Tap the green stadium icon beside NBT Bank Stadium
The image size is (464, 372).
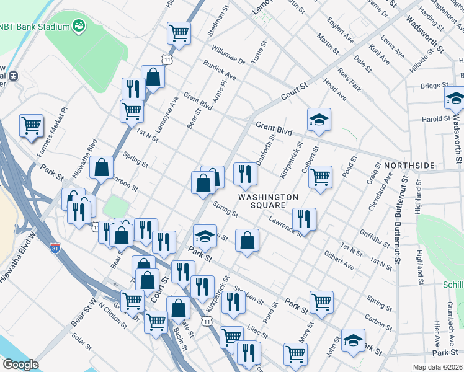[x=80, y=25]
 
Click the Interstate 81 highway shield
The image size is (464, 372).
[x=55, y=247]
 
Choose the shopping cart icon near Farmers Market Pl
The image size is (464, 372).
[x=31, y=126]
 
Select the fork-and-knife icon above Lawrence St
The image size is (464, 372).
[x=304, y=219]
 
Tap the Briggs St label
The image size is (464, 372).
[x=435, y=86]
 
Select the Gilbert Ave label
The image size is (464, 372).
[x=339, y=261]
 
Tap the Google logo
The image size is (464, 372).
[x=20, y=365]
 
